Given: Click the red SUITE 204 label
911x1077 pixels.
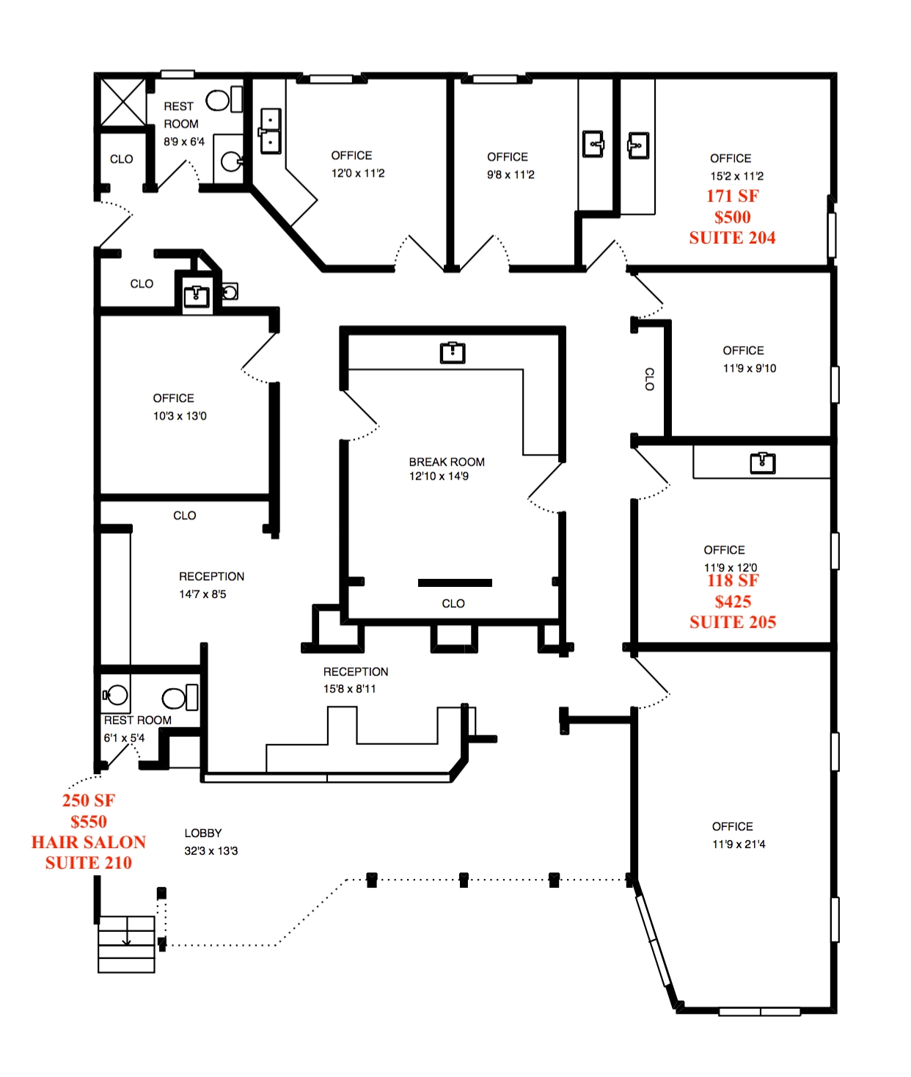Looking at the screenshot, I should (x=732, y=238).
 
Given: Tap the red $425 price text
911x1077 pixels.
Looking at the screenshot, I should (x=733, y=602).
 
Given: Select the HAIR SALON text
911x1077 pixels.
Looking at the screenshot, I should (x=89, y=842).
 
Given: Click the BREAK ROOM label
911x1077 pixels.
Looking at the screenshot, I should (x=447, y=462).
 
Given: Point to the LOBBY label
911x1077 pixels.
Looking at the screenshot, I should (x=203, y=833).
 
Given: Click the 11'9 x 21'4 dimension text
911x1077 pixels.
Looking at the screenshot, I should (x=739, y=844).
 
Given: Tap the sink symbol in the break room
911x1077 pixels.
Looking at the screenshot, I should (x=453, y=353).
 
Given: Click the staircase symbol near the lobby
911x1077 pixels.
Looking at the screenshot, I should (x=126, y=943).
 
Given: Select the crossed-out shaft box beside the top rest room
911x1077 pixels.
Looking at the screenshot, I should (x=122, y=102).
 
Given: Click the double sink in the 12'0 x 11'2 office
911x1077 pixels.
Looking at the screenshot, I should (x=270, y=131).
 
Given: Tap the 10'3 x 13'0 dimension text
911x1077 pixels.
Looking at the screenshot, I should (x=180, y=416).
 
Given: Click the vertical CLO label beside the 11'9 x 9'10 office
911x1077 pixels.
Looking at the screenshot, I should (x=649, y=379).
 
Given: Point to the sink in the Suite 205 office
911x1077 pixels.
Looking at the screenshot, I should (x=763, y=463).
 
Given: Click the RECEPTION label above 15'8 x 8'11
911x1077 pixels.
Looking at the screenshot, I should (x=356, y=672).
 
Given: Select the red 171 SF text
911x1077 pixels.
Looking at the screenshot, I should (x=732, y=196).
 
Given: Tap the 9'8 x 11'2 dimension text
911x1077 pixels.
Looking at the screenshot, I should (x=511, y=175).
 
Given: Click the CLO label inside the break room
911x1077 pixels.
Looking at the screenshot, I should (x=453, y=604).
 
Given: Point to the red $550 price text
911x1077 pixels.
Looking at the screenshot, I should (x=89, y=822).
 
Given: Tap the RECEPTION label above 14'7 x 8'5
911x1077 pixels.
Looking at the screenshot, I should (x=211, y=577).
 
